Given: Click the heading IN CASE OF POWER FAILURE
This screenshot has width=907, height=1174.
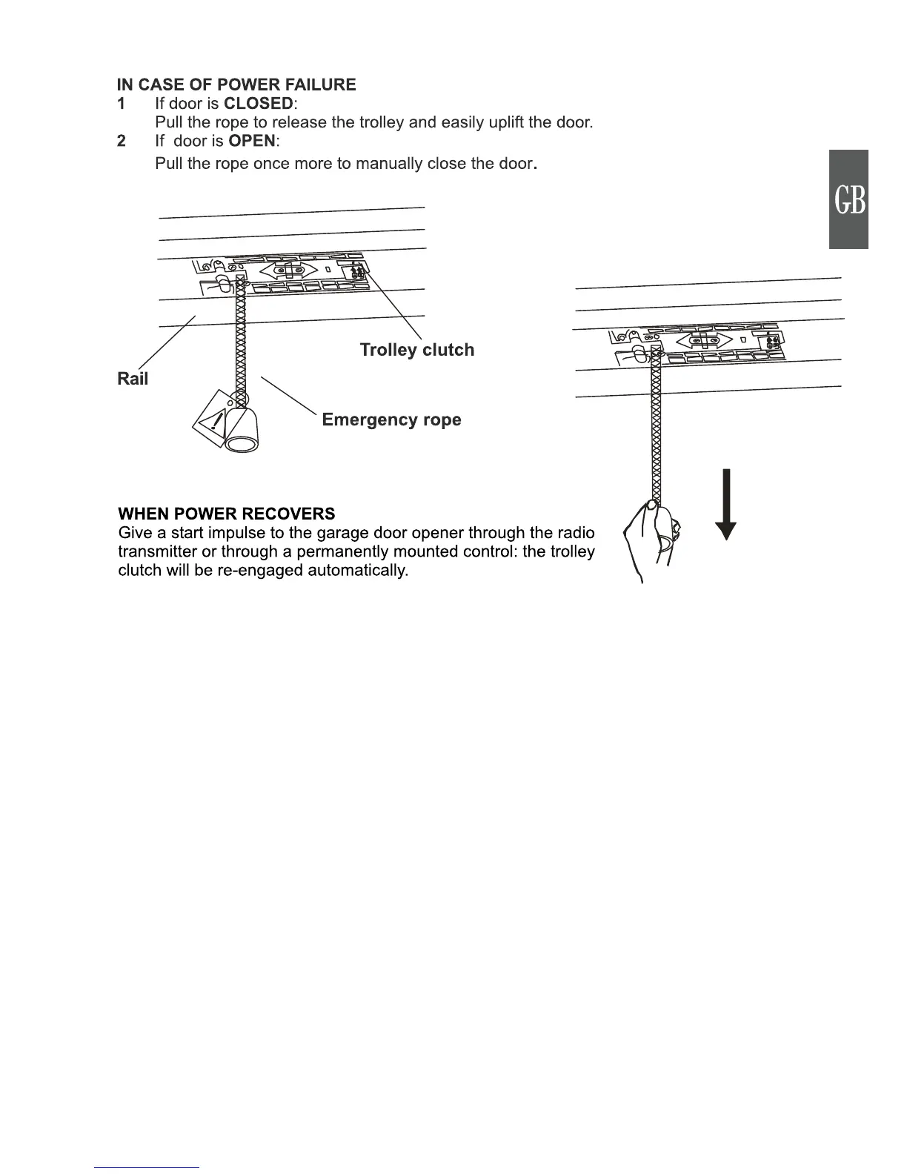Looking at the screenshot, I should click(236, 84).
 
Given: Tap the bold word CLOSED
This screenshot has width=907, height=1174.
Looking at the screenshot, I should click(259, 104).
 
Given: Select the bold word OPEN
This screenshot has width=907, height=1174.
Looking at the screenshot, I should click(252, 141).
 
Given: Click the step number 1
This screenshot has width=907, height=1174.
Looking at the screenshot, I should click(122, 104).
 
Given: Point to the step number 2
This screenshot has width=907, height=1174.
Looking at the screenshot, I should click(122, 141).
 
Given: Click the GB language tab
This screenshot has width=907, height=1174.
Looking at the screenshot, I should click(849, 199).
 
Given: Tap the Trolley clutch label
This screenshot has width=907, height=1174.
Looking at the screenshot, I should click(416, 350).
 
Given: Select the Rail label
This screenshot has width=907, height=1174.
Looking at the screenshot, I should click(133, 379).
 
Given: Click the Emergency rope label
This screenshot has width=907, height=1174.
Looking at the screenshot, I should click(391, 419).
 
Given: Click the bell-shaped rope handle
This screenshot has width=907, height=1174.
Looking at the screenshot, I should click(242, 428).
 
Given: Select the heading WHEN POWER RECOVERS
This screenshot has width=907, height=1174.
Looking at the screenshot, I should click(227, 514).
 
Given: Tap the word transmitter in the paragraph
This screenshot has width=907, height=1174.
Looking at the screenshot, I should click(157, 551).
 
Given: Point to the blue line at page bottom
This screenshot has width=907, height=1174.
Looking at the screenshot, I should click(147, 1167).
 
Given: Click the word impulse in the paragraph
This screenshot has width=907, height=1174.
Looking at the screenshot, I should click(227, 533).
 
